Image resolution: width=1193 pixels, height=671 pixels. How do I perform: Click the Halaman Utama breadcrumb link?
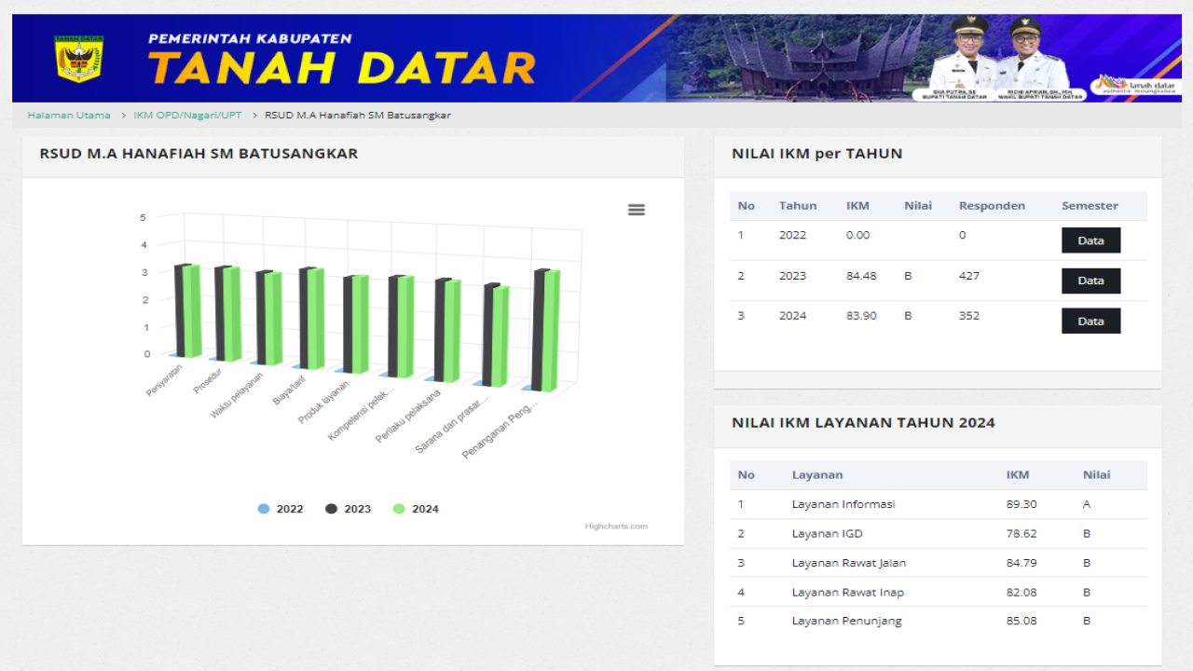tap(69, 116)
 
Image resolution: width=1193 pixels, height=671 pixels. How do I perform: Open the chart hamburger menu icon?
tap(637, 210)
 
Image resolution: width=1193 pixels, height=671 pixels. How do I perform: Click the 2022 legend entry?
tap(281, 509)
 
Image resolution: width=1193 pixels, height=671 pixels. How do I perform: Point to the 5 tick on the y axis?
tap(144, 217)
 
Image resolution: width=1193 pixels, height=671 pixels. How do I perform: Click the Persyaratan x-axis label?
tap(164, 380)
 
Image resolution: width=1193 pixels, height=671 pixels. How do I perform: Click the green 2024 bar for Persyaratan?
tap(192, 310)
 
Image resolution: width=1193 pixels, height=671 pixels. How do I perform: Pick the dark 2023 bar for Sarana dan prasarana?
tap(490, 334)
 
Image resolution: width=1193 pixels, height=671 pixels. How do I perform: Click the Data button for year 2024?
tap(1090, 322)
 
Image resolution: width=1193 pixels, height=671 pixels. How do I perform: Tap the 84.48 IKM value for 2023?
tap(857, 276)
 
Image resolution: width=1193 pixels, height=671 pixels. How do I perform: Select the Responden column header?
tap(992, 206)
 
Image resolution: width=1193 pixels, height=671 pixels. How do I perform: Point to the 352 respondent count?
tap(969, 316)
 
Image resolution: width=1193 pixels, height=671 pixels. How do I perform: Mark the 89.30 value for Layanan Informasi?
tap(1022, 504)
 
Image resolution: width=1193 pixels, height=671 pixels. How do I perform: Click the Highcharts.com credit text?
tap(616, 527)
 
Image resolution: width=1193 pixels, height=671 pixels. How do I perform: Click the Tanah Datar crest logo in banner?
tap(78, 59)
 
